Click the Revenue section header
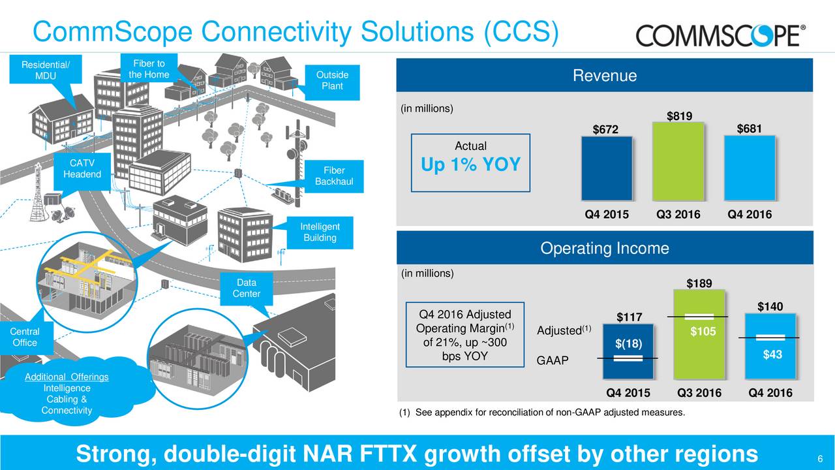(604, 76)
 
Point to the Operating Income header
(604, 248)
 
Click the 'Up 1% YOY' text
(470, 165)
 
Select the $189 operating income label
(699, 283)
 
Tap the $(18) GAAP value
(628, 344)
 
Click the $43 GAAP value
(773, 354)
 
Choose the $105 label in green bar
(703, 332)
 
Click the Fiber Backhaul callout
(333, 176)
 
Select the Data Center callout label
(246, 288)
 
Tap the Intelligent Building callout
(320, 232)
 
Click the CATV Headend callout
(82, 168)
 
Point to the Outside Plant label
(332, 80)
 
